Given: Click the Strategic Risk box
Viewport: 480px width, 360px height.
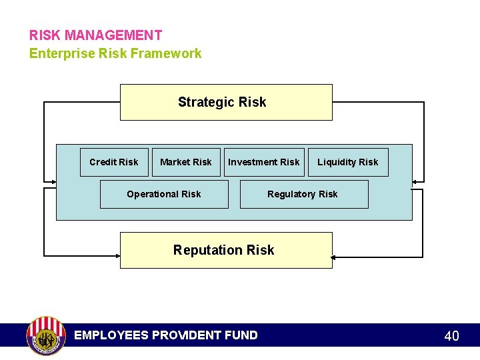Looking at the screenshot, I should coord(225,102).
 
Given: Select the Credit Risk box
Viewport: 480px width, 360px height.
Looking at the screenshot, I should coord(114,162).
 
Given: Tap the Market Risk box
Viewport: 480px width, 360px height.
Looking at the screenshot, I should coord(186,162).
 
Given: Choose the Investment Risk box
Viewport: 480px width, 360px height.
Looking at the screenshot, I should coord(264,162).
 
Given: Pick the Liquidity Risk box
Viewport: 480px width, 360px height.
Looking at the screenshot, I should coord(347,162).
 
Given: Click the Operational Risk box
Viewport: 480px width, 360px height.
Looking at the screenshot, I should coord(163,194).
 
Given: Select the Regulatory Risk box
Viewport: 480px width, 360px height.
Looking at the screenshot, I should coord(303,194).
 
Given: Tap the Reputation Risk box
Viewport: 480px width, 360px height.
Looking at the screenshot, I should coord(225,250).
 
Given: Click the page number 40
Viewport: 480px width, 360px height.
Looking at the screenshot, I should coord(451,336).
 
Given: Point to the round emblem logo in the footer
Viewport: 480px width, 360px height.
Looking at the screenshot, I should coord(45,335).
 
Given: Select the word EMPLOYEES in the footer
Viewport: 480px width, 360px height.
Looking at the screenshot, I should coord(111,335).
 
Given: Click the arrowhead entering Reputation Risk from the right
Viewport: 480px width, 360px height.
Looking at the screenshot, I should coord(335,257).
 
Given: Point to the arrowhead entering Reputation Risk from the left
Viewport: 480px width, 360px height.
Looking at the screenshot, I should coord(117,255).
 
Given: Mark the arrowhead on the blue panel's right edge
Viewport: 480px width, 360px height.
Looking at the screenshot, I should coord(416,181).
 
